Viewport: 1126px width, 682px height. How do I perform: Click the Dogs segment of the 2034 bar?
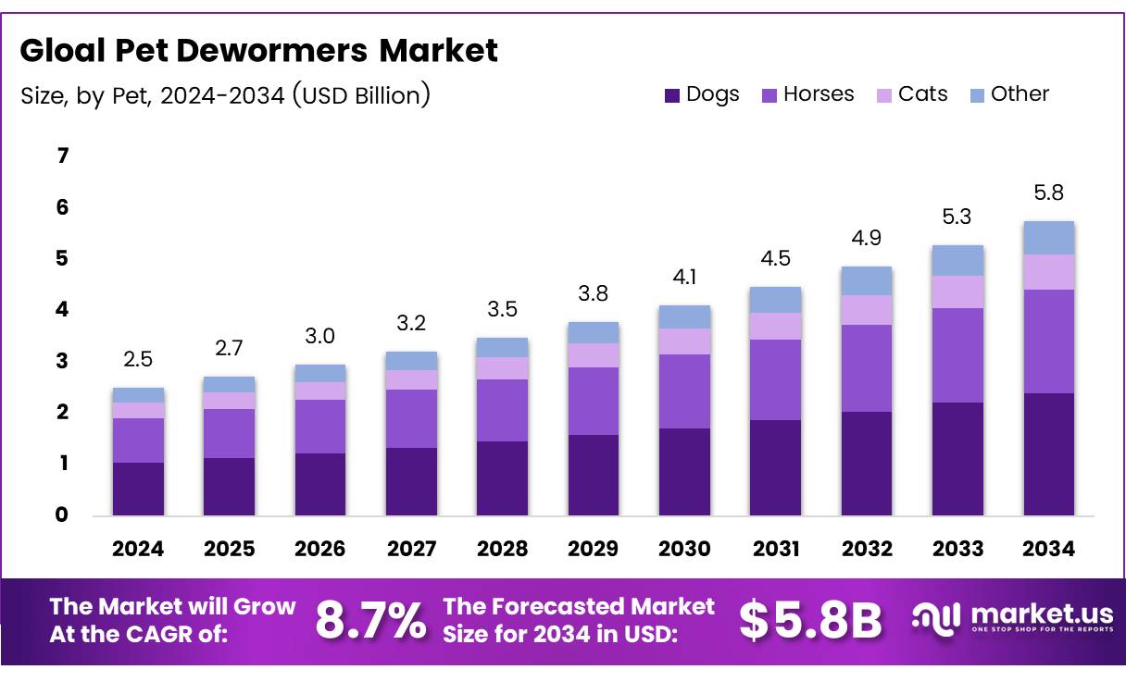pos(1048,453)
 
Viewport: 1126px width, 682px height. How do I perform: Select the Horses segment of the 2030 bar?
pos(684,391)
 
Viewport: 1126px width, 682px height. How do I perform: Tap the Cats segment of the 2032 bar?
pos(867,309)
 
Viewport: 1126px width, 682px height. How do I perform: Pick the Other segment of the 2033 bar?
pos(957,260)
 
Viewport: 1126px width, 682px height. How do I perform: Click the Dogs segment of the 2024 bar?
pos(138,489)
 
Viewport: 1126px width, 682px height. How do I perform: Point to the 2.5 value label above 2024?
pos(138,358)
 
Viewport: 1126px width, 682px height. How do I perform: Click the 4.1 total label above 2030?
pos(684,276)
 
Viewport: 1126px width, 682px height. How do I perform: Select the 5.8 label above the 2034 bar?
pos(1048,192)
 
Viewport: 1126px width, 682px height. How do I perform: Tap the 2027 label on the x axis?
pos(411,549)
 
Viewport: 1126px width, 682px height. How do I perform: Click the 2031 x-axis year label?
pos(776,549)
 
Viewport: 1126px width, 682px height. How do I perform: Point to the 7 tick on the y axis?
pos(63,156)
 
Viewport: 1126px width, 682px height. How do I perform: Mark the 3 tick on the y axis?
pos(63,361)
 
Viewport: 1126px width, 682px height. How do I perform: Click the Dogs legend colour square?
pos(672,95)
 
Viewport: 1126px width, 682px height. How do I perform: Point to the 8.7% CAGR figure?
pos(371,621)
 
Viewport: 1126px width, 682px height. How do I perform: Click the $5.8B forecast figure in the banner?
pos(810,621)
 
